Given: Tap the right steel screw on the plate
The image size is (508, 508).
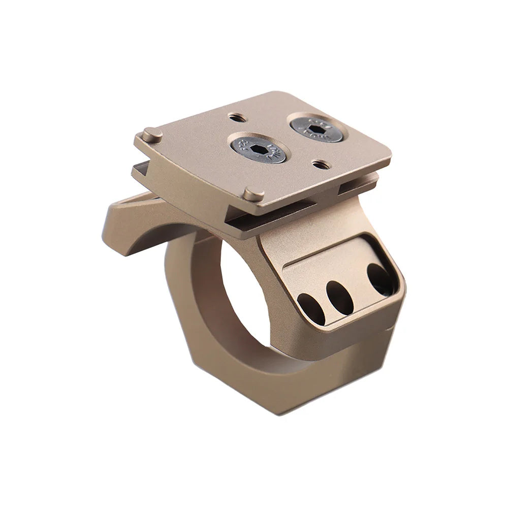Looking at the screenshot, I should pos(317,127).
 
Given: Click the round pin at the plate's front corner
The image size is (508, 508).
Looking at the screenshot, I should pos(253,194).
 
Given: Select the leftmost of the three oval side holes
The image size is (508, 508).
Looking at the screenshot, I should pos(311,309).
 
